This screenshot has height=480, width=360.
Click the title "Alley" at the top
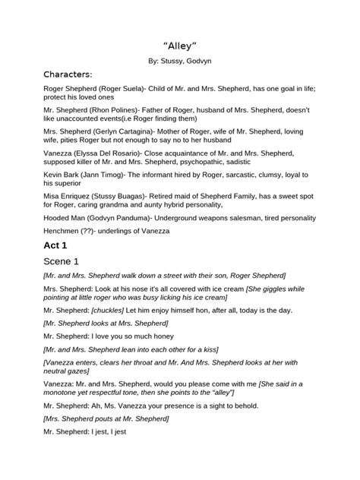click(x=180, y=47)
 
